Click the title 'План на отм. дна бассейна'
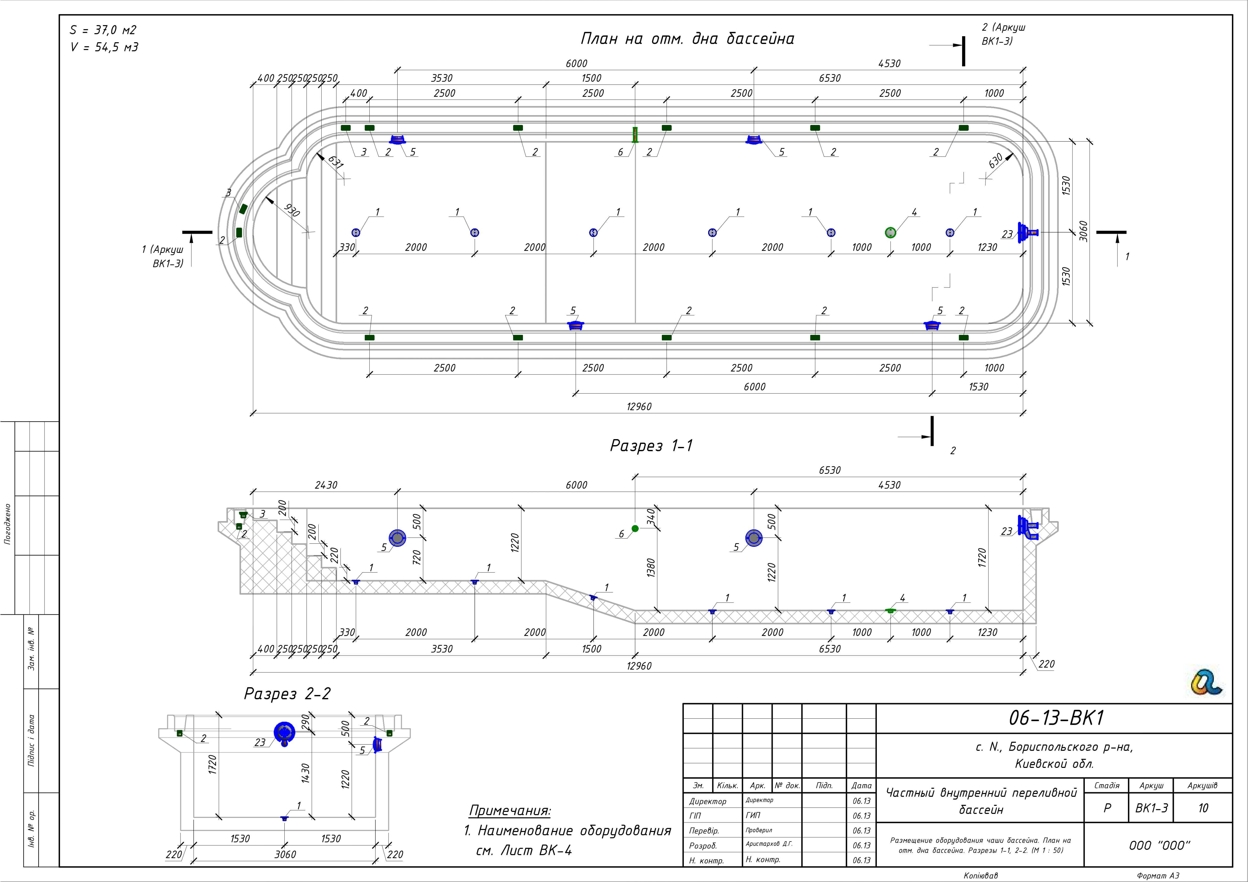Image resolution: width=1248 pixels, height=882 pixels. click(x=687, y=39)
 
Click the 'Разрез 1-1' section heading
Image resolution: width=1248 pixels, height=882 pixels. click(x=651, y=446)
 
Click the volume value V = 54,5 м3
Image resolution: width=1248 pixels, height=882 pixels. click(x=104, y=47)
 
